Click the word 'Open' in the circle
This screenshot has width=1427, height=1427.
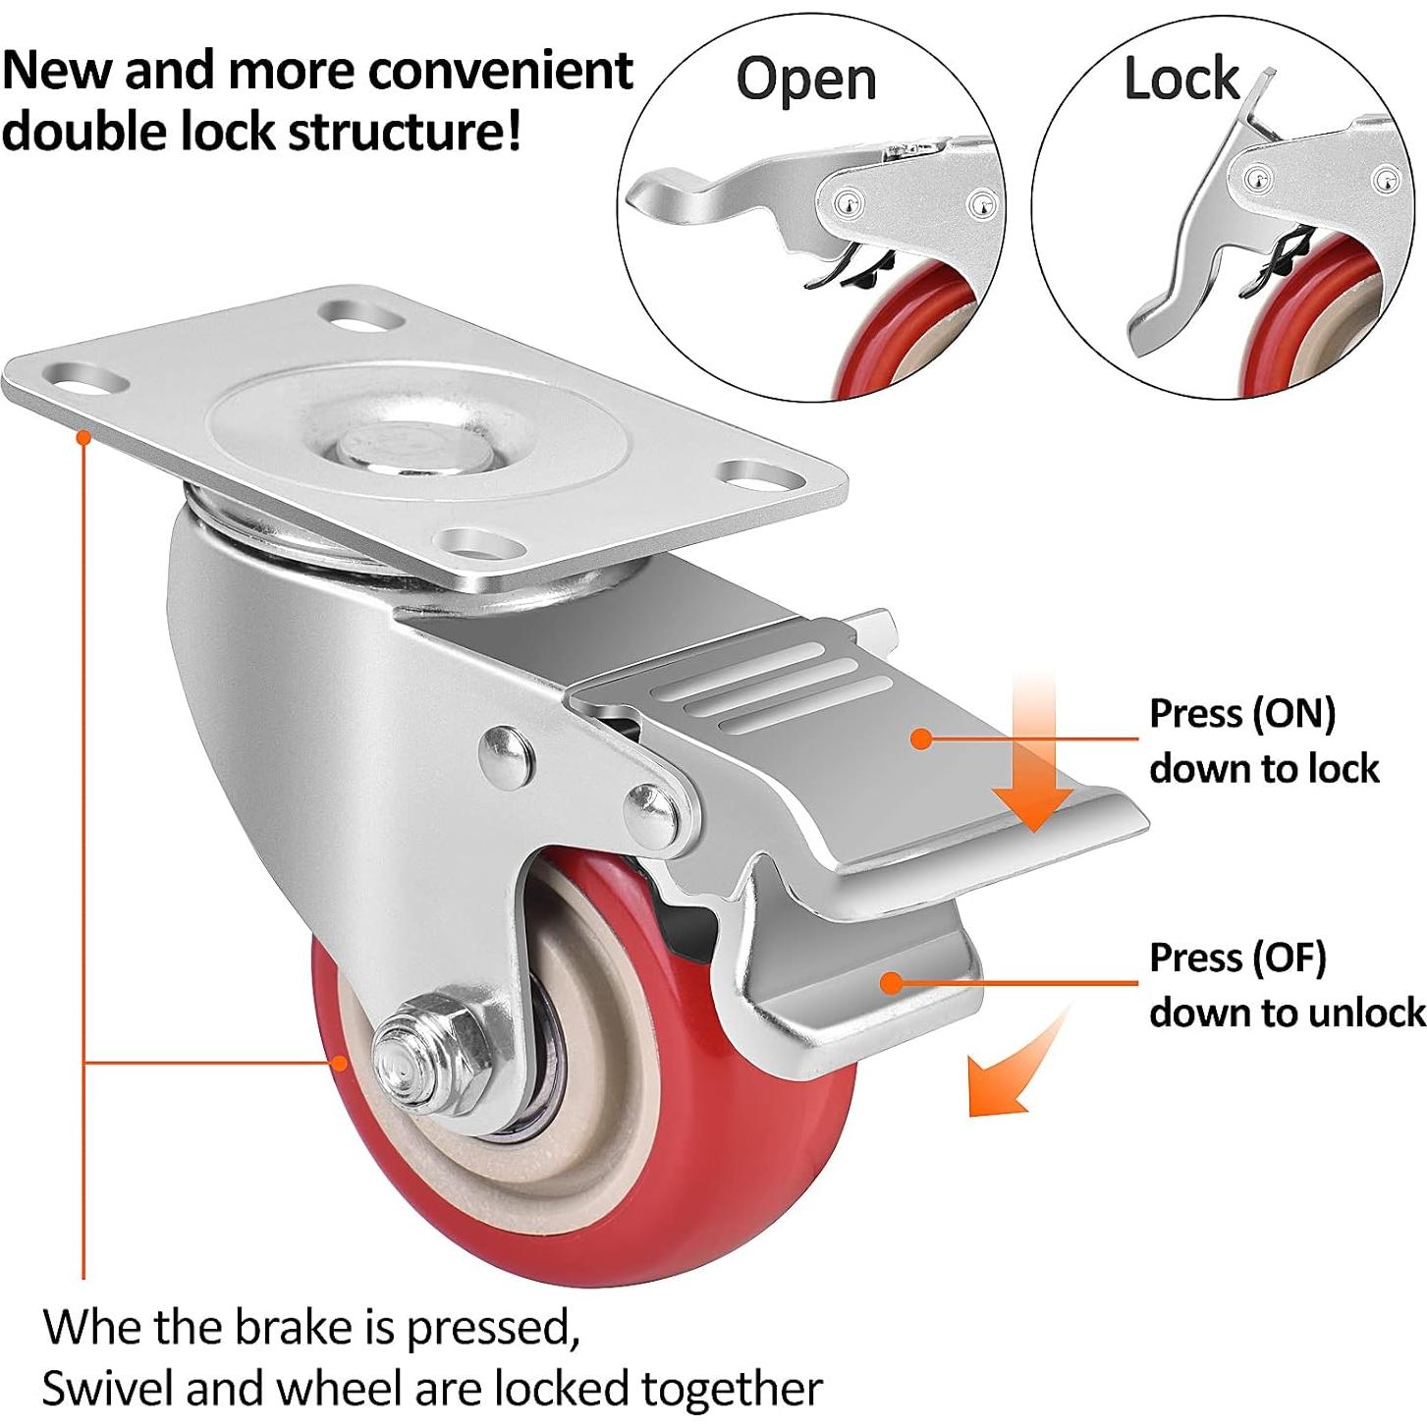806,80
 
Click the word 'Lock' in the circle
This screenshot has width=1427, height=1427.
1181,79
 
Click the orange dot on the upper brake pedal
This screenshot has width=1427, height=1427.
921,739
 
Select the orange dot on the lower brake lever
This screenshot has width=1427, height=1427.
891,981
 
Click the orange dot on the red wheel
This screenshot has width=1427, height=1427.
340,1062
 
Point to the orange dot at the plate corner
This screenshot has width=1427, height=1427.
84,436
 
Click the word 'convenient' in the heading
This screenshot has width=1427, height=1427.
500,71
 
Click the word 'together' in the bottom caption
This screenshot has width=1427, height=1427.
732,1389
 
